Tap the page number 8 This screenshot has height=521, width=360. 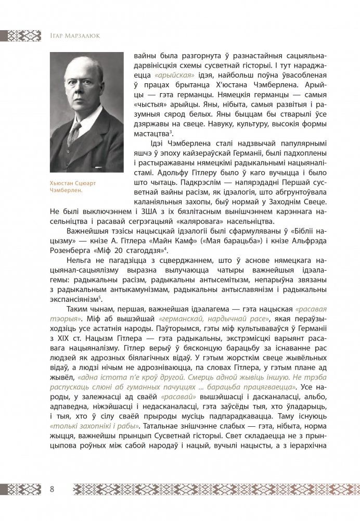pos(53,489)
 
